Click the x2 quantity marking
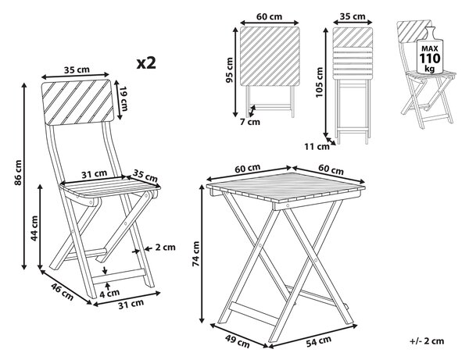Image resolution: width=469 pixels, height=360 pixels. (x=146, y=63)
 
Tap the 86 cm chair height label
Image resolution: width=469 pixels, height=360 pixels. (x=18, y=173)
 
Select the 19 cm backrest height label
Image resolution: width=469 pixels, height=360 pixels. (x=124, y=99)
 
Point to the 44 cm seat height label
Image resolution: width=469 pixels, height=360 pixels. (x=34, y=228)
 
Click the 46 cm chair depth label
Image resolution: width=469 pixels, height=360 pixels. (x=62, y=291)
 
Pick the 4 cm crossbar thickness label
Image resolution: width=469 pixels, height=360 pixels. (x=109, y=294)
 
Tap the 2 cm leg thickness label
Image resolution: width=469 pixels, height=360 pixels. (x=165, y=247)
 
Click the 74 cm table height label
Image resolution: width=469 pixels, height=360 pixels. (x=196, y=254)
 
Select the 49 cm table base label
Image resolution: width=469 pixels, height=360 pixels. (x=237, y=341)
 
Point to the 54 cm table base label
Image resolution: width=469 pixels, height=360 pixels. (x=319, y=341)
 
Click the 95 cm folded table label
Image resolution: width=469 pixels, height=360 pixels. (x=230, y=70)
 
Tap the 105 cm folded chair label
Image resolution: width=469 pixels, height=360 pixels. (x=319, y=82)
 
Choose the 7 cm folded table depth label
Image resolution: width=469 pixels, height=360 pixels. (x=250, y=122)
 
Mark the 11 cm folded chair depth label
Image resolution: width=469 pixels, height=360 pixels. (x=317, y=146)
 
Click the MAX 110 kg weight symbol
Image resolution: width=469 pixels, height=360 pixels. (x=430, y=54)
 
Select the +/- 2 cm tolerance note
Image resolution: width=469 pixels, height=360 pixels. (x=427, y=341)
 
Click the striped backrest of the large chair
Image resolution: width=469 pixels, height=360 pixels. (x=77, y=102)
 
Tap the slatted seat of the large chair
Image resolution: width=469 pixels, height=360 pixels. (x=110, y=188)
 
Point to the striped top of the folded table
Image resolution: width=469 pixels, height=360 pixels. (x=270, y=56)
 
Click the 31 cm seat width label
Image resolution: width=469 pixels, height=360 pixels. (x=95, y=173)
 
